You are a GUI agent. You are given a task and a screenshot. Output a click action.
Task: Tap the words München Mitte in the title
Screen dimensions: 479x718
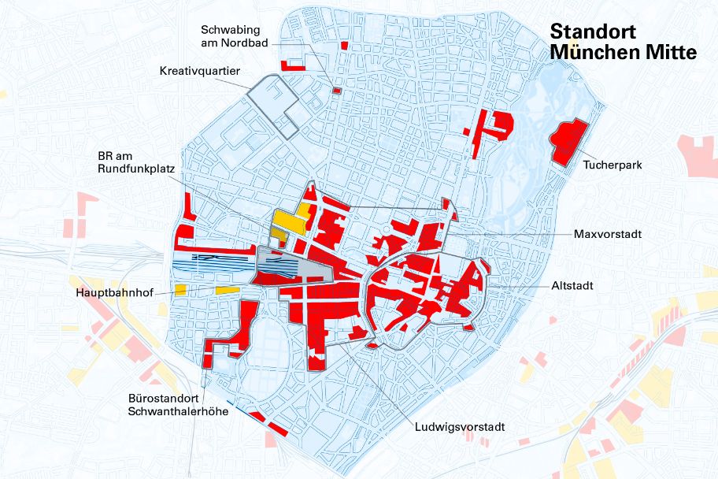coord(623,53)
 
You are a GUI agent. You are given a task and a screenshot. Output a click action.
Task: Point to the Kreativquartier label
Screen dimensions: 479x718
coord(199,71)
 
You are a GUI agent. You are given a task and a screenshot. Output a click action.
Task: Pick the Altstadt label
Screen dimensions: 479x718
coord(572,285)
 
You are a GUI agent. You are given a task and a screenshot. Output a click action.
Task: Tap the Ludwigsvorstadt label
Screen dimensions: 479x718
coord(460,427)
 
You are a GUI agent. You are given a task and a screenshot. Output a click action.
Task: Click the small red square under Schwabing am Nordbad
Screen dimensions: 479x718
coord(336,91)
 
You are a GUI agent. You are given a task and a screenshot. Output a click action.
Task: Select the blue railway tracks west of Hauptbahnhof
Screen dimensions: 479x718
coord(213,265)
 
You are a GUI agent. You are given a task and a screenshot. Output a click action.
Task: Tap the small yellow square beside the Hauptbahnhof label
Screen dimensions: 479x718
coord(180,290)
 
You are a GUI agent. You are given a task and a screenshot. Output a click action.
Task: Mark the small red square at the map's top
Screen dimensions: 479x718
coord(344,46)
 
